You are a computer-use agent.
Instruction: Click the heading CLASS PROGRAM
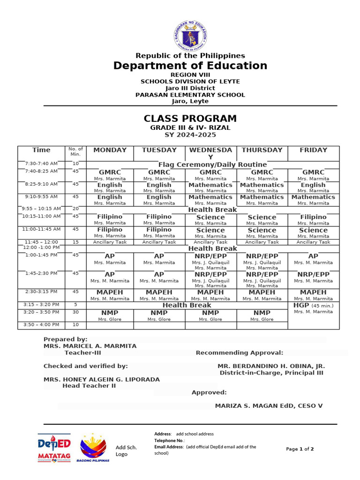tap(190, 119)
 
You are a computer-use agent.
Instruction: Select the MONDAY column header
tap(110, 150)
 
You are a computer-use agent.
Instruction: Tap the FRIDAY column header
tap(313, 150)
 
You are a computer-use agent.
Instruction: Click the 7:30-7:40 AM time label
tap(41, 164)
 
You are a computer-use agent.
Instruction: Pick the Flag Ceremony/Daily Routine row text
tap(212, 165)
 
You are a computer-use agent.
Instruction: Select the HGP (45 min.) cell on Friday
tap(313, 305)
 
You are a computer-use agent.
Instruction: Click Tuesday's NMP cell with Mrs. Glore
tap(159, 315)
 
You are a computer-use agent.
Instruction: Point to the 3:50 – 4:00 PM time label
tap(41, 324)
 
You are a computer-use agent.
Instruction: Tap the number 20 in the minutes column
tap(75, 209)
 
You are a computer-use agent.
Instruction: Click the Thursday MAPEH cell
tap(262, 295)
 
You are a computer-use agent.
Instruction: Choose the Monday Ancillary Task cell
tap(110, 242)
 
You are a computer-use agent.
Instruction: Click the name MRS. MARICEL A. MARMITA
tap(90, 346)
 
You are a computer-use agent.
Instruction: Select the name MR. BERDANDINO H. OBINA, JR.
tap(271, 366)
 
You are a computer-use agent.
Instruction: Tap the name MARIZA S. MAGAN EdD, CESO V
tap(269, 406)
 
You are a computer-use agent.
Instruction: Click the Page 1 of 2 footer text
tap(300, 449)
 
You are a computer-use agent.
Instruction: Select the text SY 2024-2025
tap(190, 135)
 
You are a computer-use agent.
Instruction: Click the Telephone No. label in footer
tap(169, 441)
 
